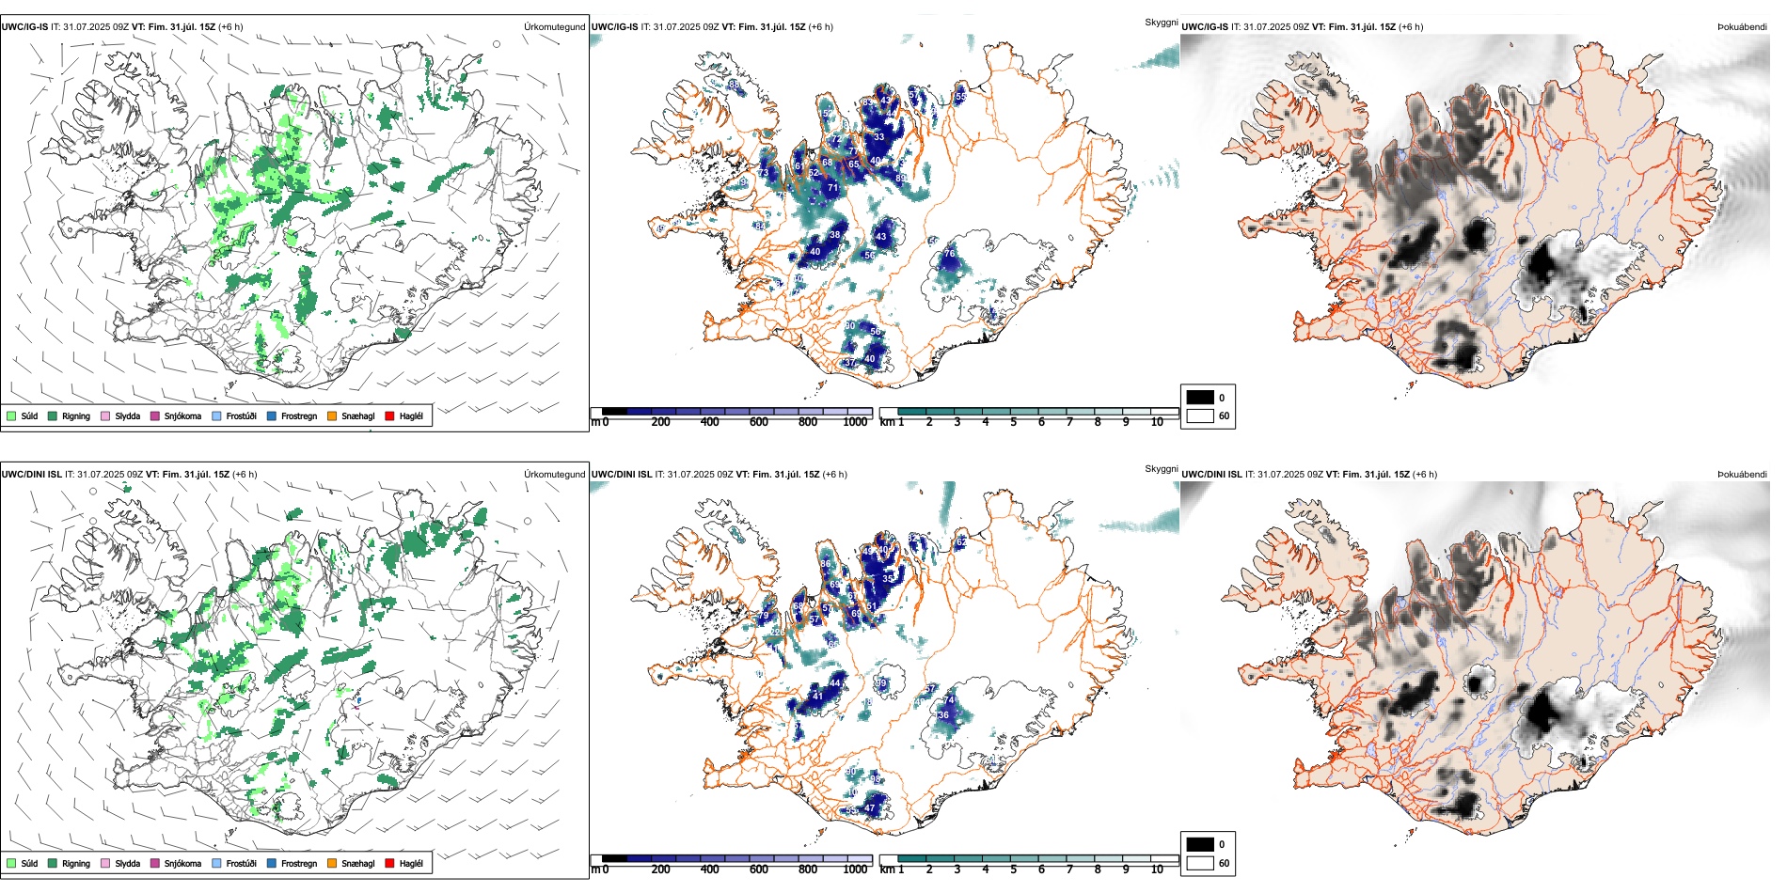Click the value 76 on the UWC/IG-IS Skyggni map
(950, 254)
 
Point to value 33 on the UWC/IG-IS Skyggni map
(878, 137)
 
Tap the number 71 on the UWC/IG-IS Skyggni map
(832, 188)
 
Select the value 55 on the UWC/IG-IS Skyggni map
(960, 97)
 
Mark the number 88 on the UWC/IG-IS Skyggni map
(734, 85)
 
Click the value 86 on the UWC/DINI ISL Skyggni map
(826, 564)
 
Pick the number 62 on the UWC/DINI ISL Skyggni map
(961, 543)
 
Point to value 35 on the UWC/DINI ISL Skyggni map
(888, 579)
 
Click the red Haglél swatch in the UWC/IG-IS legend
(390, 415)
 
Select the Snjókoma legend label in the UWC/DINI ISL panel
(182, 863)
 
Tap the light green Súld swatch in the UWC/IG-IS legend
(11, 415)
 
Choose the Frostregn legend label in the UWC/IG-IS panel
(299, 415)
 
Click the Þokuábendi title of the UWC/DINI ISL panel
(1742, 474)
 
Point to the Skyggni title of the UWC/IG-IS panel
(1161, 22)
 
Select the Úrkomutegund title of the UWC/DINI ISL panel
(554, 474)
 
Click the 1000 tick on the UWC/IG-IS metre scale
(855, 422)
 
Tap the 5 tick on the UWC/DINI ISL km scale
(1013, 869)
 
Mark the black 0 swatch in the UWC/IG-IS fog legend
(1200, 398)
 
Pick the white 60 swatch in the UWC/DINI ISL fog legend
(1200, 863)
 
